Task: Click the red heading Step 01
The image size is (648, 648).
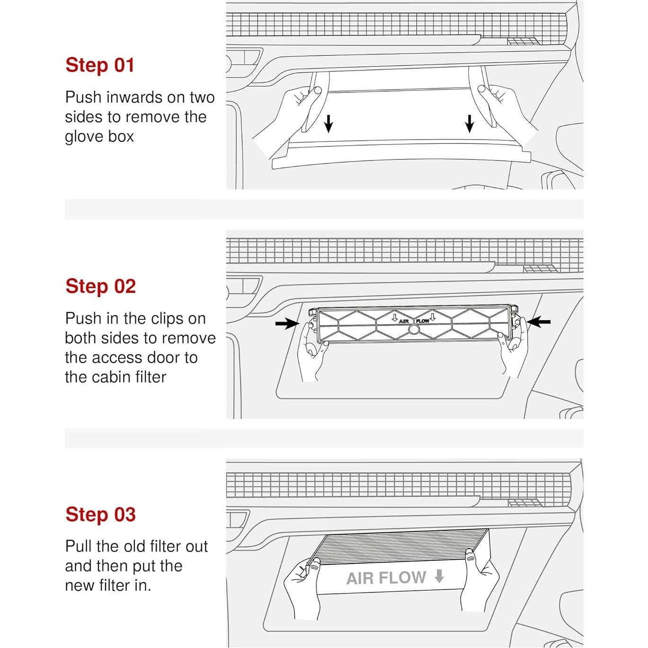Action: pyautogui.click(x=100, y=65)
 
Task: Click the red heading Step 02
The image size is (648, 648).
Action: pyautogui.click(x=100, y=286)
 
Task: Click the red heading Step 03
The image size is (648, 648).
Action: pyautogui.click(x=100, y=514)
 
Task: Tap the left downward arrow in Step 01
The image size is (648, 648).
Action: pyautogui.click(x=328, y=124)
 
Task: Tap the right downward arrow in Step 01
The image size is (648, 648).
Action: pyautogui.click(x=470, y=124)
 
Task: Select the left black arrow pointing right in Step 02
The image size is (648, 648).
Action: pyautogui.click(x=287, y=323)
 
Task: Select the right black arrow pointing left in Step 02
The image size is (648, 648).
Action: pyautogui.click(x=539, y=322)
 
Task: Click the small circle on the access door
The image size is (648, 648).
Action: pyautogui.click(x=413, y=330)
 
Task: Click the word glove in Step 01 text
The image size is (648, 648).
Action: pyautogui.click(x=82, y=136)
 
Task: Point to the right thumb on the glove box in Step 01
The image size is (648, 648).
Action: pyautogui.click(x=482, y=89)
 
